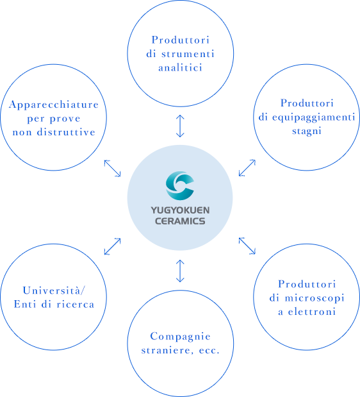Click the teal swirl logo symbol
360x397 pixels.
click(180, 186)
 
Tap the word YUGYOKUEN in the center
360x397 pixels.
click(180, 210)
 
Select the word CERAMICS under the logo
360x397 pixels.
click(180, 221)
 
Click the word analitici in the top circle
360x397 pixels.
click(180, 68)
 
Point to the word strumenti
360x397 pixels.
click(188, 54)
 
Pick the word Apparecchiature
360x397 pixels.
click(54, 105)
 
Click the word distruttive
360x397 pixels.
click(66, 132)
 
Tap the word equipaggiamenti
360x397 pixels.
click(314, 118)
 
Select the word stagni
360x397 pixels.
click(307, 131)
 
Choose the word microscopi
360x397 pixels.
click(315, 298)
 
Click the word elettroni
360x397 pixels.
click(312, 312)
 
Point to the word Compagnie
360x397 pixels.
click(180, 337)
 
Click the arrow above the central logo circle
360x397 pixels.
click(180, 126)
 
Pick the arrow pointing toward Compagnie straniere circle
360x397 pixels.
click(180, 271)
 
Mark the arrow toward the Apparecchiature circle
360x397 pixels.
click(113, 168)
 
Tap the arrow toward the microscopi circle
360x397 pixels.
click(247, 246)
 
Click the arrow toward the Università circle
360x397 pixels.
click(113, 246)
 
